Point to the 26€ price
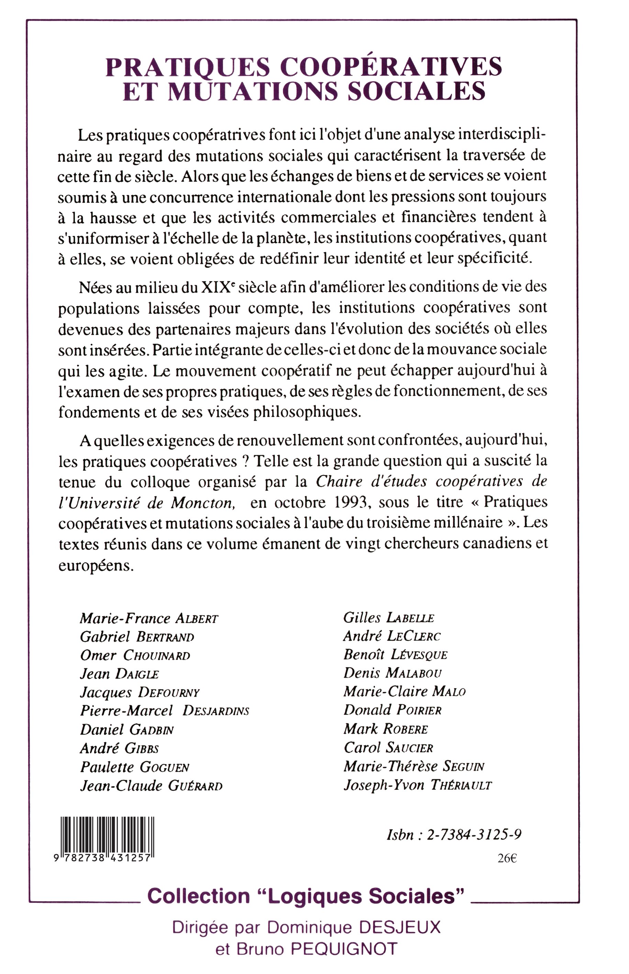507,859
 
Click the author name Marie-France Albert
149,618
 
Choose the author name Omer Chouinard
135,655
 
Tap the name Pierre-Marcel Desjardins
164,711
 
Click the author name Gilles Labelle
388,618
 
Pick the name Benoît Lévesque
395,655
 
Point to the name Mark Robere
386,729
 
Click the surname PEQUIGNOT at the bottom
343,950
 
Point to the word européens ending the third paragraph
96,566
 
